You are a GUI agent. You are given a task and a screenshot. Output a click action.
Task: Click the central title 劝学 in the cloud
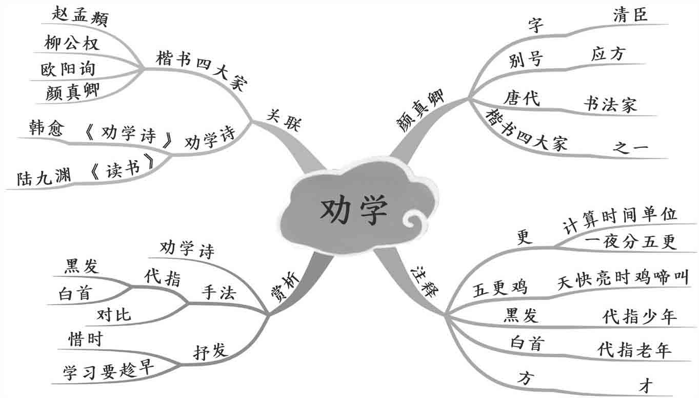[x=354, y=211]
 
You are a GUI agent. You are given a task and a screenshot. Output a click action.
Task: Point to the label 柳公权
[x=71, y=44]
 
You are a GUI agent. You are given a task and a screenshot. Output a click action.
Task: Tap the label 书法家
[x=610, y=104]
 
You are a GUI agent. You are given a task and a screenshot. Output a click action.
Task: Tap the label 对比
[x=114, y=315]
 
